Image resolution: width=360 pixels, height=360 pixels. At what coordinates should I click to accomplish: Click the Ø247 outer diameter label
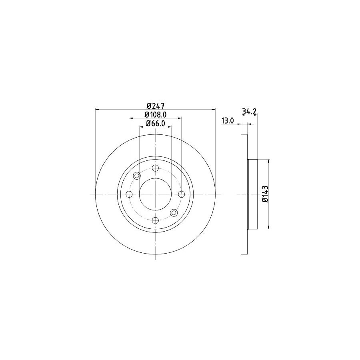point(156,106)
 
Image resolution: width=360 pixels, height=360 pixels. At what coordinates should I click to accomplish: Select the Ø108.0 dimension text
point(156,114)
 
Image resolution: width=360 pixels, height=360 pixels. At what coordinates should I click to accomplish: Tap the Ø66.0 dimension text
point(156,123)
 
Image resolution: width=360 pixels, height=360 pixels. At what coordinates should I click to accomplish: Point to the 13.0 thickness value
point(228,120)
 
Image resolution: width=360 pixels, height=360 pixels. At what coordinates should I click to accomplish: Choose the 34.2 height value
point(249,111)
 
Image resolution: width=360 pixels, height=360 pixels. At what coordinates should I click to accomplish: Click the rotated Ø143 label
point(265,194)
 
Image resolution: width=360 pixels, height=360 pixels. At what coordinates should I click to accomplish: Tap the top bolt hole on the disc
point(156,168)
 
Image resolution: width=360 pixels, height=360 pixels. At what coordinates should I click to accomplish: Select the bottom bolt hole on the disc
point(156,220)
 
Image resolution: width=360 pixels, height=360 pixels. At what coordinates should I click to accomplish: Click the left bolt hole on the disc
point(129,194)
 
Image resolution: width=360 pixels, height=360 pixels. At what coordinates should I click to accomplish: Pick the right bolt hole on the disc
point(182,194)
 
